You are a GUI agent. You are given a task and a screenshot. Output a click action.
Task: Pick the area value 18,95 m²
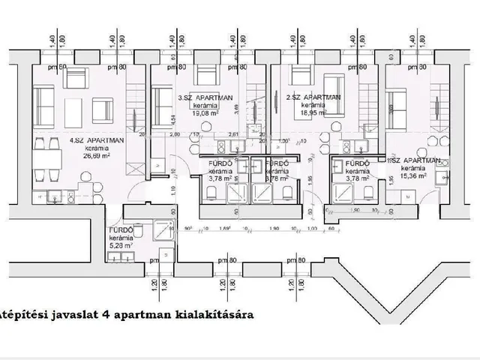point(313,115)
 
